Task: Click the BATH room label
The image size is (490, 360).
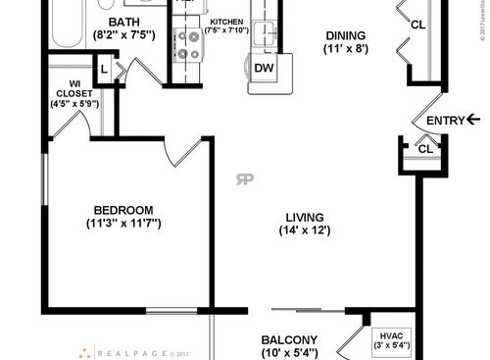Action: coord(123,22)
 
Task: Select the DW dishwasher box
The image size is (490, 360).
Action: coord(263,67)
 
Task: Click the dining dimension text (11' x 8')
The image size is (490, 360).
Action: coord(348,49)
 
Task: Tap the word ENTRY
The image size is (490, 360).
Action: coord(444,121)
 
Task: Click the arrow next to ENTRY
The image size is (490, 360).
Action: coord(473,120)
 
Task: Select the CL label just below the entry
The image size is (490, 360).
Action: coord(424,148)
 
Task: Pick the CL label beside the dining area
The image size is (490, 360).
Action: coord(417,26)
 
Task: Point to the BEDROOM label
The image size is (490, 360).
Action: coord(123,210)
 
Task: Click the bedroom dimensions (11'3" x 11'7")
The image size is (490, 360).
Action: coord(123,224)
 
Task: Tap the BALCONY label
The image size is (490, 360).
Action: coord(289,340)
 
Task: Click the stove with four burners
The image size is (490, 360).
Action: coord(187,43)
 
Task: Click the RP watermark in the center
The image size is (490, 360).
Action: coord(242,179)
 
